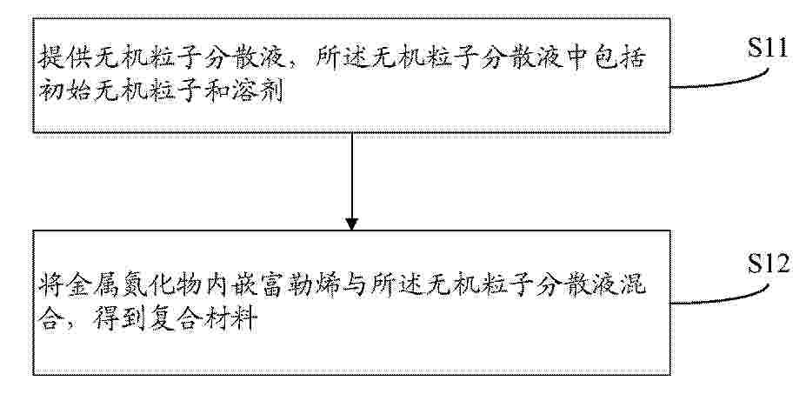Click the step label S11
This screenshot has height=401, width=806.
click(768, 48)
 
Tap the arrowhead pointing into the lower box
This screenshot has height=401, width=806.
click(351, 224)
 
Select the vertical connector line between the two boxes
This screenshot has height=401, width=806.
click(351, 176)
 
